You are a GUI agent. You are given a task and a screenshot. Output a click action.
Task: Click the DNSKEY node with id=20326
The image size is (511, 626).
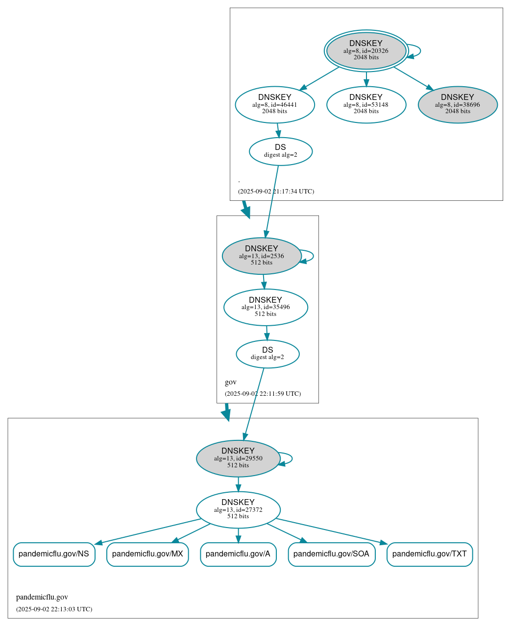pos(366,50)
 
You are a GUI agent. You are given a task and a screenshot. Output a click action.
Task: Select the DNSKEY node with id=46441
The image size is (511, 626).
pos(274,104)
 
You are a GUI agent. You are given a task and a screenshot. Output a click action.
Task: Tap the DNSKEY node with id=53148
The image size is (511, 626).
pos(366,104)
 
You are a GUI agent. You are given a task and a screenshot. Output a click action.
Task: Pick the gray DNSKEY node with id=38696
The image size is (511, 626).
pos(458,104)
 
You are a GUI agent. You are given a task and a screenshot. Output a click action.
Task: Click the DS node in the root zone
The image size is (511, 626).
pos(280,151)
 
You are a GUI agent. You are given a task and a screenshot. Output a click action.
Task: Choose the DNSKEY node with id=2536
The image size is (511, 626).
pos(262,256)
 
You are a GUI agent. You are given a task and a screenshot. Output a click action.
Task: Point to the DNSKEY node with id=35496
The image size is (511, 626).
pos(266,307)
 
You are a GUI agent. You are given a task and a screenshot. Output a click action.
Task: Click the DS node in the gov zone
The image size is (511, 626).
pos(268,354)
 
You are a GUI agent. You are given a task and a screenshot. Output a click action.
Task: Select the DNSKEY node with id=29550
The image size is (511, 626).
pos(238,458)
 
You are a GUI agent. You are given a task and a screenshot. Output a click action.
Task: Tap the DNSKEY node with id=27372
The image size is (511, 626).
pos(238,509)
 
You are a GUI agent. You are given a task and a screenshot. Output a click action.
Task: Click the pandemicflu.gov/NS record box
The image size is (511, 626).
pos(54,554)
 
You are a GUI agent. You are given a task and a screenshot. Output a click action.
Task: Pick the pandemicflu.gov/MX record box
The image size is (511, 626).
pos(147,554)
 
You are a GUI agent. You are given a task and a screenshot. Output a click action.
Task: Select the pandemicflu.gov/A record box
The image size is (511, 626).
pos(238,554)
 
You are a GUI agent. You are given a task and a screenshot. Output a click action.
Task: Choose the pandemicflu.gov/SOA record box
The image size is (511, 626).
pos(331,554)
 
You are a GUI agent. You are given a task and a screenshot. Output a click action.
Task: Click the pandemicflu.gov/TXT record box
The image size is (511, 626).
pos(430,554)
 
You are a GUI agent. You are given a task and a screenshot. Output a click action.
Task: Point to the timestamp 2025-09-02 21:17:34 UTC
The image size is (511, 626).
pos(276,192)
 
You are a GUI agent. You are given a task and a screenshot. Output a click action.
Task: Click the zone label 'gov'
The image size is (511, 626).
pos(230,382)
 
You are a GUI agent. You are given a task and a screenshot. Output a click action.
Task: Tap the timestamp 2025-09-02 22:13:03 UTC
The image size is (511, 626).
pos(54,609)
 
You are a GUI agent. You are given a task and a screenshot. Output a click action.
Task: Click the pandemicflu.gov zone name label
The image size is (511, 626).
pos(42,597)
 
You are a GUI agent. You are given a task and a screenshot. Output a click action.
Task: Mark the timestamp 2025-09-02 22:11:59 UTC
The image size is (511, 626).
pos(263,394)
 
